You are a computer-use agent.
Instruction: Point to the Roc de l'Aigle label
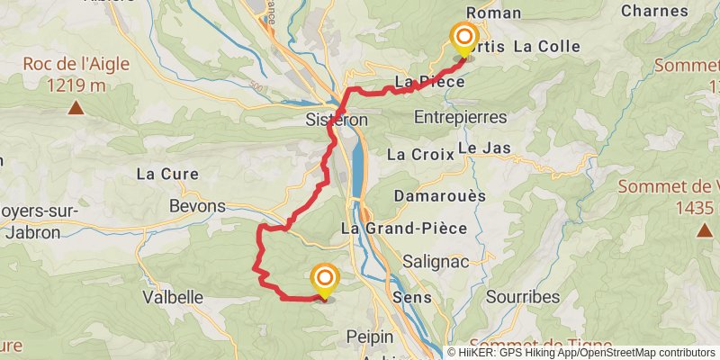tap(76, 64)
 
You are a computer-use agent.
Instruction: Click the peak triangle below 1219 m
tap(76, 109)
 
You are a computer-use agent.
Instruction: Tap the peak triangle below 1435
tap(704, 231)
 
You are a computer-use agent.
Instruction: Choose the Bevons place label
tap(197, 206)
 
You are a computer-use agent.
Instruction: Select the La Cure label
tap(166, 173)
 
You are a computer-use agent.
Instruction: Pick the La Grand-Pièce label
tap(404, 228)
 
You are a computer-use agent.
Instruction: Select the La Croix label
tap(417, 154)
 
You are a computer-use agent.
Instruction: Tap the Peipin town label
tap(370, 337)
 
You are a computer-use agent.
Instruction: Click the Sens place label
tap(412, 297)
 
